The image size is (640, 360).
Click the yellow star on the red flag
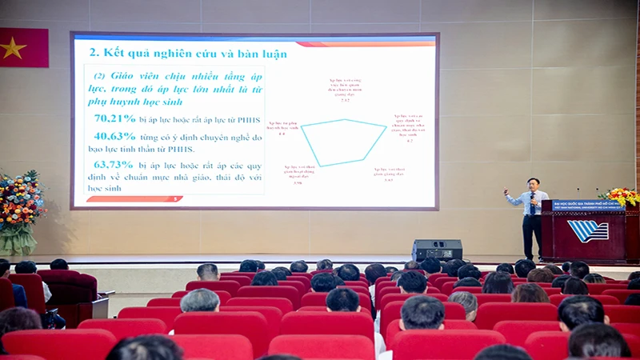13,47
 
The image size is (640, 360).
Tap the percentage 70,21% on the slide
114,118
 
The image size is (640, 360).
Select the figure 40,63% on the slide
114,136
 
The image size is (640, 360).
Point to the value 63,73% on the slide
114,164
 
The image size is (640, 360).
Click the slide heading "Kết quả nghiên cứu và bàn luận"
187,54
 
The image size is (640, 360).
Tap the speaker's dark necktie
531,202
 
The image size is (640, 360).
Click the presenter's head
531,185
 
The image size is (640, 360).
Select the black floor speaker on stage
437,250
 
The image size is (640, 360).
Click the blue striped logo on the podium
588,230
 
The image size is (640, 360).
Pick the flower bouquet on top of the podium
621,196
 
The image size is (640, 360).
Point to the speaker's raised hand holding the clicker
506,192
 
